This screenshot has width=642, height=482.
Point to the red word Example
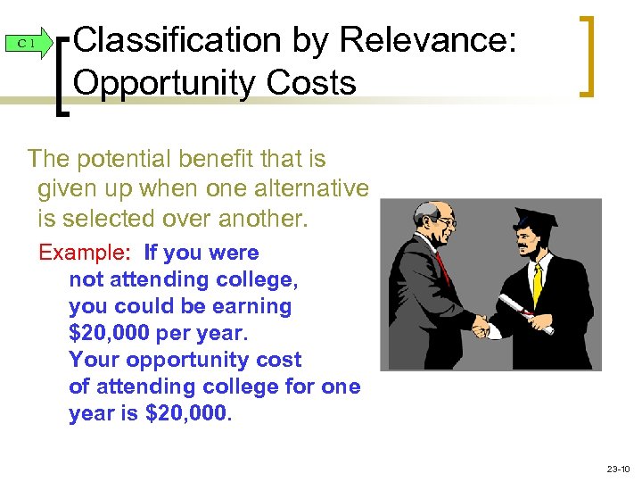pos(86,253)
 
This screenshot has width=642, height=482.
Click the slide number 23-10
pos(617,468)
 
